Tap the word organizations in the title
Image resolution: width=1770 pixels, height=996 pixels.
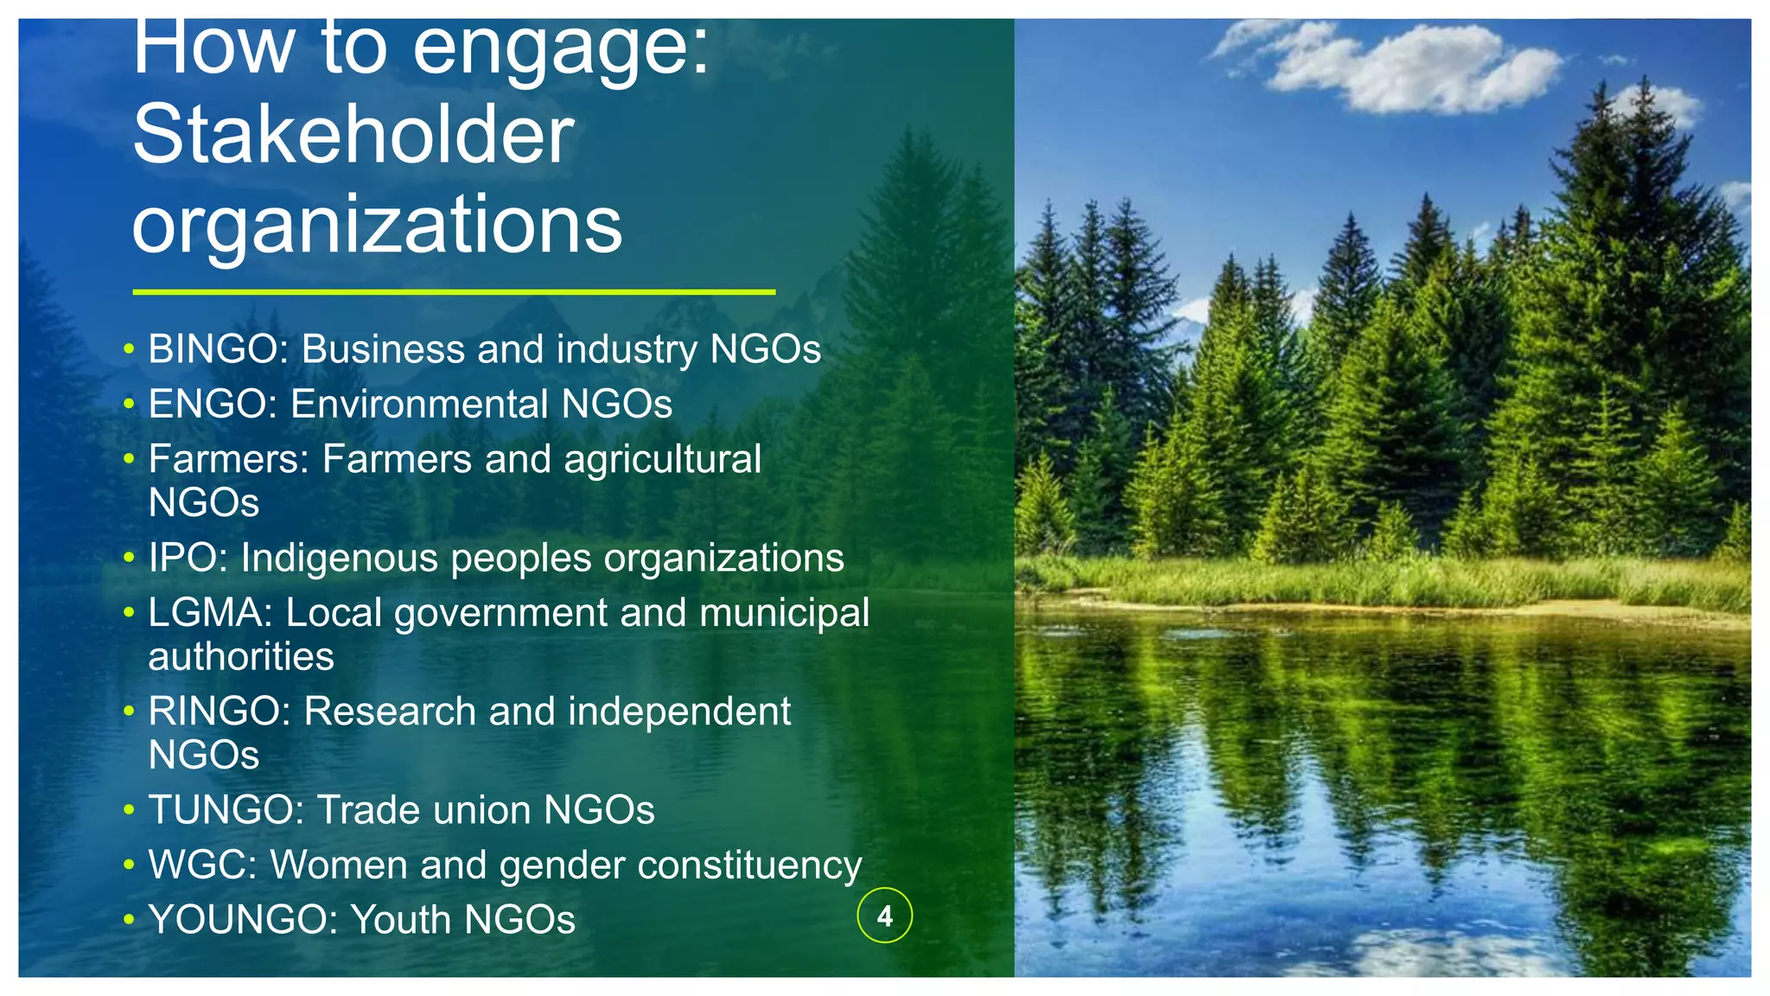coord(377,224)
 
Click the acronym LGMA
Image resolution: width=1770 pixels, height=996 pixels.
coord(205,613)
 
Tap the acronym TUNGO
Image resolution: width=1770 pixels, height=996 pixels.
coord(220,810)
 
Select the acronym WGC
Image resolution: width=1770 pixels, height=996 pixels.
coord(196,865)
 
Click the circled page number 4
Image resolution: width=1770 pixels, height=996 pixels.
coord(884,916)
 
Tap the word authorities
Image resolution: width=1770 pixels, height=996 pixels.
coord(241,657)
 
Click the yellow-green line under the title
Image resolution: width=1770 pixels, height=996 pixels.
coord(454,292)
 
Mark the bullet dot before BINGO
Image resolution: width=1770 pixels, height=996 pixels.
coord(129,350)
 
